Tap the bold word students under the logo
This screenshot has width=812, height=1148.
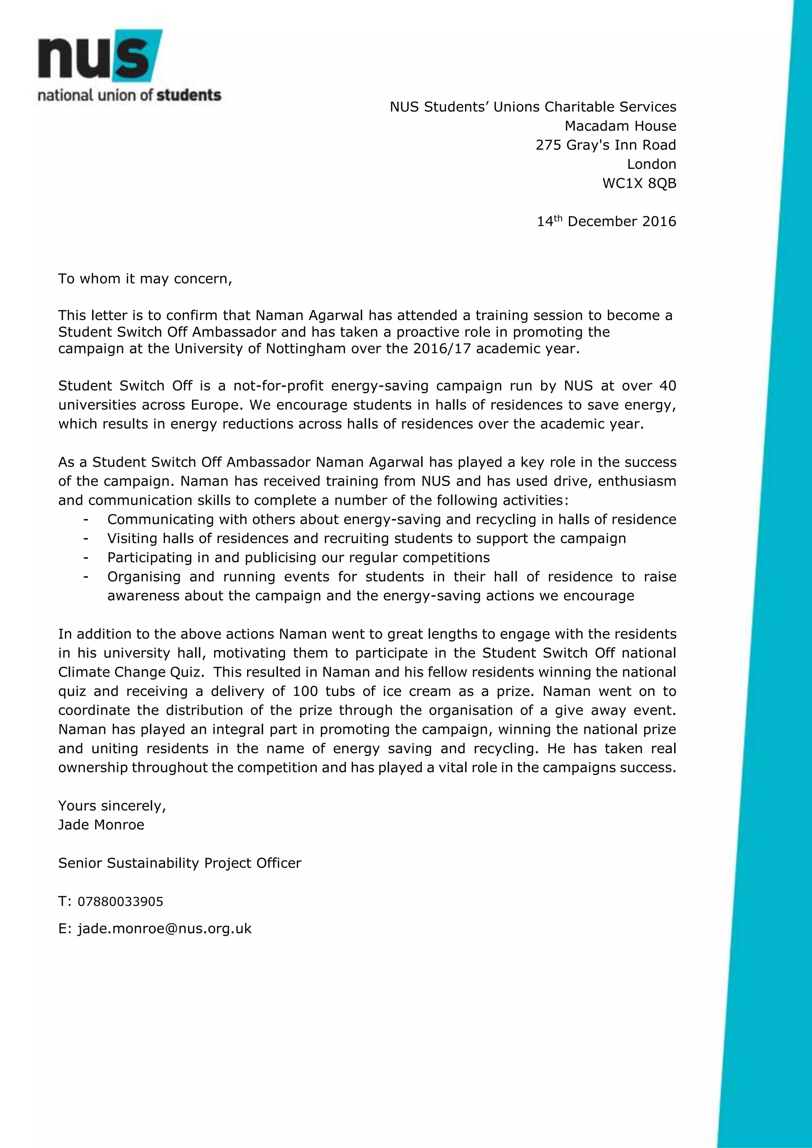pyautogui.click(x=189, y=95)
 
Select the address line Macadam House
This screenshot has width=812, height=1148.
pyautogui.click(x=620, y=126)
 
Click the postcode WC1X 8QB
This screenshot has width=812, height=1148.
pyautogui.click(x=639, y=183)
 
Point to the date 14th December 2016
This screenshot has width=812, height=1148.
pyautogui.click(x=606, y=221)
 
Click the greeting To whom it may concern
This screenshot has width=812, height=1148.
pyautogui.click(x=145, y=278)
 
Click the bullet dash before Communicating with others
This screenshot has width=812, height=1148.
pyautogui.click(x=86, y=519)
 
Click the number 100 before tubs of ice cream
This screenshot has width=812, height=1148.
pyautogui.click(x=305, y=692)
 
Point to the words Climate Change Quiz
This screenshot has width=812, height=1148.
pyautogui.click(x=130, y=673)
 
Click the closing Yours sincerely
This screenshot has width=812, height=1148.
pyautogui.click(x=112, y=806)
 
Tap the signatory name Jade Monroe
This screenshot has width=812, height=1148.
pyautogui.click(x=101, y=825)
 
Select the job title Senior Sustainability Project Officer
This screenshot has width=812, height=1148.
pyautogui.click(x=180, y=863)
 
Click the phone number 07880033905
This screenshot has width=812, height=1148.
pyautogui.click(x=120, y=902)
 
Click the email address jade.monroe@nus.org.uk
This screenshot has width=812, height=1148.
pyautogui.click(x=164, y=929)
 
